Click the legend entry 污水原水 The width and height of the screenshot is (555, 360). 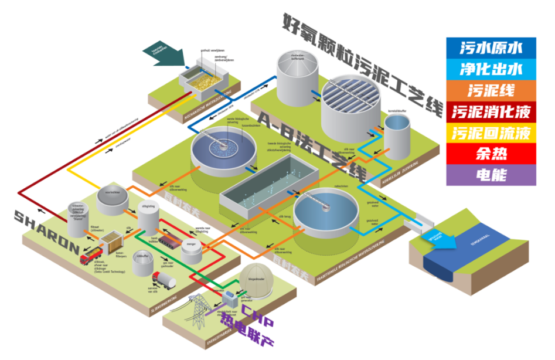click(x=491, y=47)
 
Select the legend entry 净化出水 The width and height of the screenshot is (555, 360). click(x=491, y=69)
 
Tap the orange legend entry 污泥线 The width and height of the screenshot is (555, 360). click(x=491, y=90)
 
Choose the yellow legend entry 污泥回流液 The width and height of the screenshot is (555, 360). click(x=491, y=133)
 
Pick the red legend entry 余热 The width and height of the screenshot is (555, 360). click(x=491, y=154)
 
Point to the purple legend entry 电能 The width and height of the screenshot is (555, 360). click(x=491, y=175)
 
